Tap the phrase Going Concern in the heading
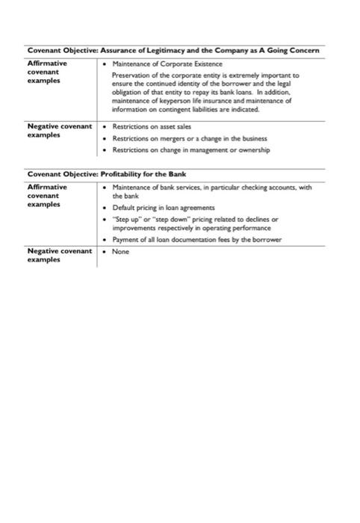[296, 50]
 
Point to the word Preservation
[129, 75]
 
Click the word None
[121, 252]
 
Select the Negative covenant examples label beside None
[59, 256]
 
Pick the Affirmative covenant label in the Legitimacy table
[47, 72]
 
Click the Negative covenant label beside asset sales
[59, 130]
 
